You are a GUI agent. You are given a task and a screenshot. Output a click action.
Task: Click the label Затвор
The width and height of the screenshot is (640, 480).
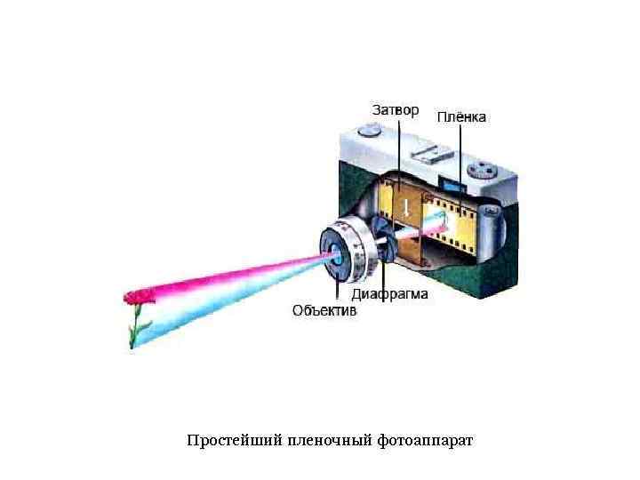pos(394,110)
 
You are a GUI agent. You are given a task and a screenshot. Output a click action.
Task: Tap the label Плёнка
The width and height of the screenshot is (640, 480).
pos(461,117)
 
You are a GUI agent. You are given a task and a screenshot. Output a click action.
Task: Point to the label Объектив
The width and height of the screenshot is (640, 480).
pos(324,311)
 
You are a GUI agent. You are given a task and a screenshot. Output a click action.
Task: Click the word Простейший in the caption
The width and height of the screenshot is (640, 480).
pos(235,441)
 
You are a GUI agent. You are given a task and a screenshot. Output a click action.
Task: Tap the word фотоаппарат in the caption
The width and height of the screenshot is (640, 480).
pos(425,441)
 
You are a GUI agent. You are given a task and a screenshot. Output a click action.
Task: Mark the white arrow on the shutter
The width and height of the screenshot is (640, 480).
pos(405,208)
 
